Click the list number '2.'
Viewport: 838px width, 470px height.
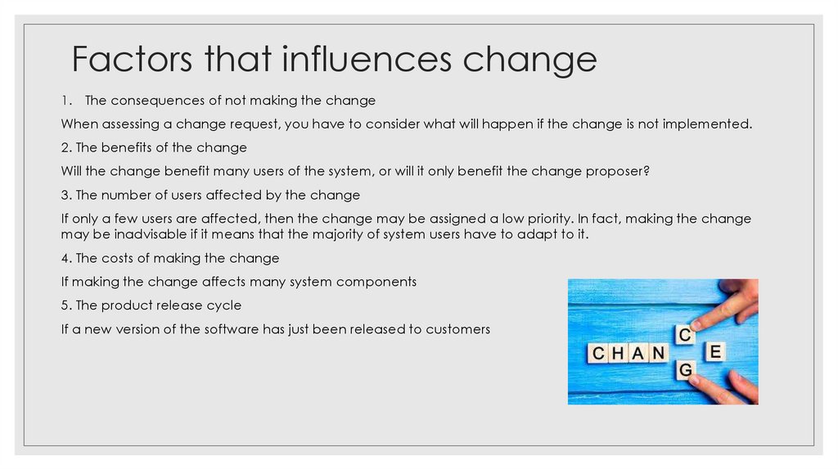67,147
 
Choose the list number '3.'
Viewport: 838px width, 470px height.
67,195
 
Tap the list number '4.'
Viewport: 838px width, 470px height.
67,258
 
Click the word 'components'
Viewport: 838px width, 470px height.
376,282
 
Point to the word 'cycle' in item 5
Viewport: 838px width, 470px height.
223,305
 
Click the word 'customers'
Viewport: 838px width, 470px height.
460,329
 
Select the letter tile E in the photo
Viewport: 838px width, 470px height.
714,352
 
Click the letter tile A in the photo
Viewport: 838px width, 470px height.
638,353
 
